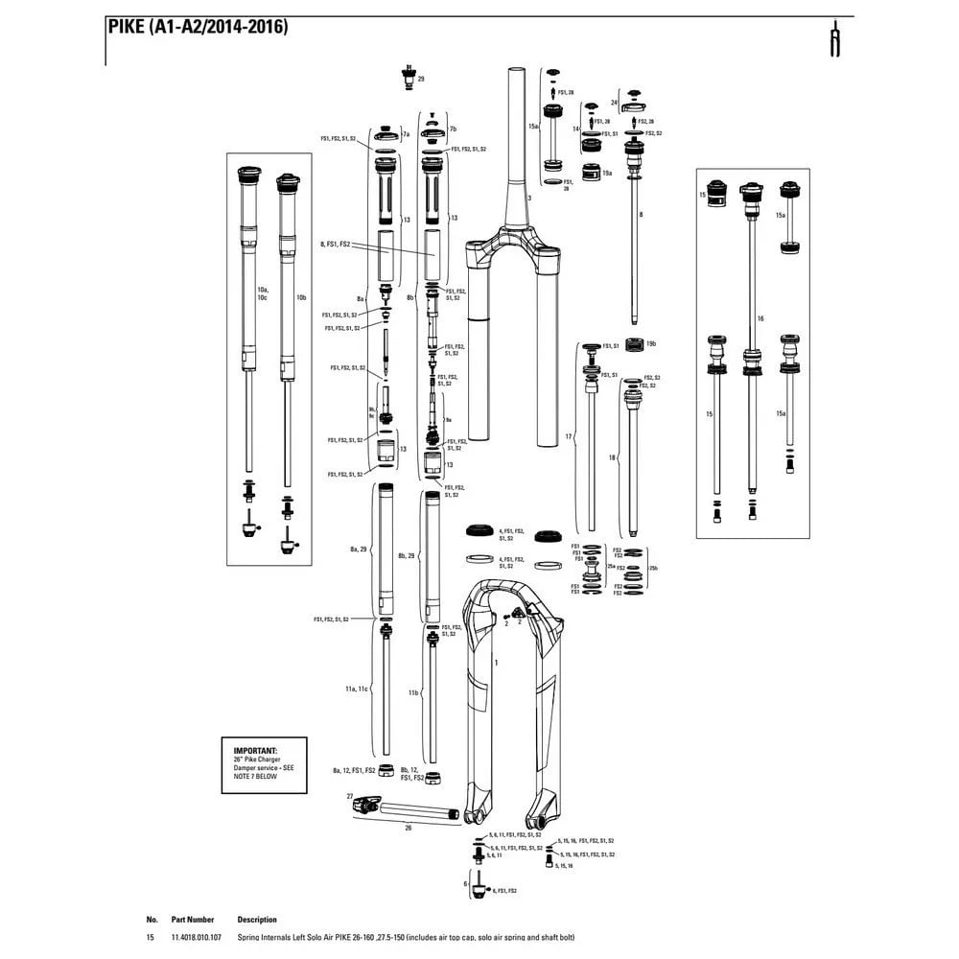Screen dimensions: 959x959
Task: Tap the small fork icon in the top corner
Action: pyautogui.click(x=836, y=39)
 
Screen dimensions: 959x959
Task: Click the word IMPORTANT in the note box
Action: pyautogui.click(x=255, y=750)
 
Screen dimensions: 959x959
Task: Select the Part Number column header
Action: pyautogui.click(x=193, y=919)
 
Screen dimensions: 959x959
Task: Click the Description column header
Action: pyautogui.click(x=257, y=919)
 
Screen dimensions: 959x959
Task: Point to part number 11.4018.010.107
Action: pyautogui.click(x=195, y=937)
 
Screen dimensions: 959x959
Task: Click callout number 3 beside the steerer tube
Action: pyautogui.click(x=528, y=197)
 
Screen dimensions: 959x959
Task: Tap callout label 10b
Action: pyautogui.click(x=301, y=298)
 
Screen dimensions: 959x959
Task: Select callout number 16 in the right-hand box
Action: pyautogui.click(x=760, y=317)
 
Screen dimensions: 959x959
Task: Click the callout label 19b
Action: pyautogui.click(x=651, y=343)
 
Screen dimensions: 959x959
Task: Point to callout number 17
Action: pyautogui.click(x=569, y=437)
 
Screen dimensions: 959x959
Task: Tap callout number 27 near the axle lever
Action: pyautogui.click(x=350, y=796)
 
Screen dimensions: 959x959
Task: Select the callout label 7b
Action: pyautogui.click(x=453, y=128)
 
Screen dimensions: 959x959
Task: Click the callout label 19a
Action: pyautogui.click(x=607, y=174)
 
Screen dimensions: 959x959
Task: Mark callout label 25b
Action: pyautogui.click(x=653, y=569)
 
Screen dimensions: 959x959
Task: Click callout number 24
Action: pyautogui.click(x=614, y=102)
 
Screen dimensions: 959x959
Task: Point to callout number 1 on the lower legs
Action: pyautogui.click(x=497, y=662)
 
